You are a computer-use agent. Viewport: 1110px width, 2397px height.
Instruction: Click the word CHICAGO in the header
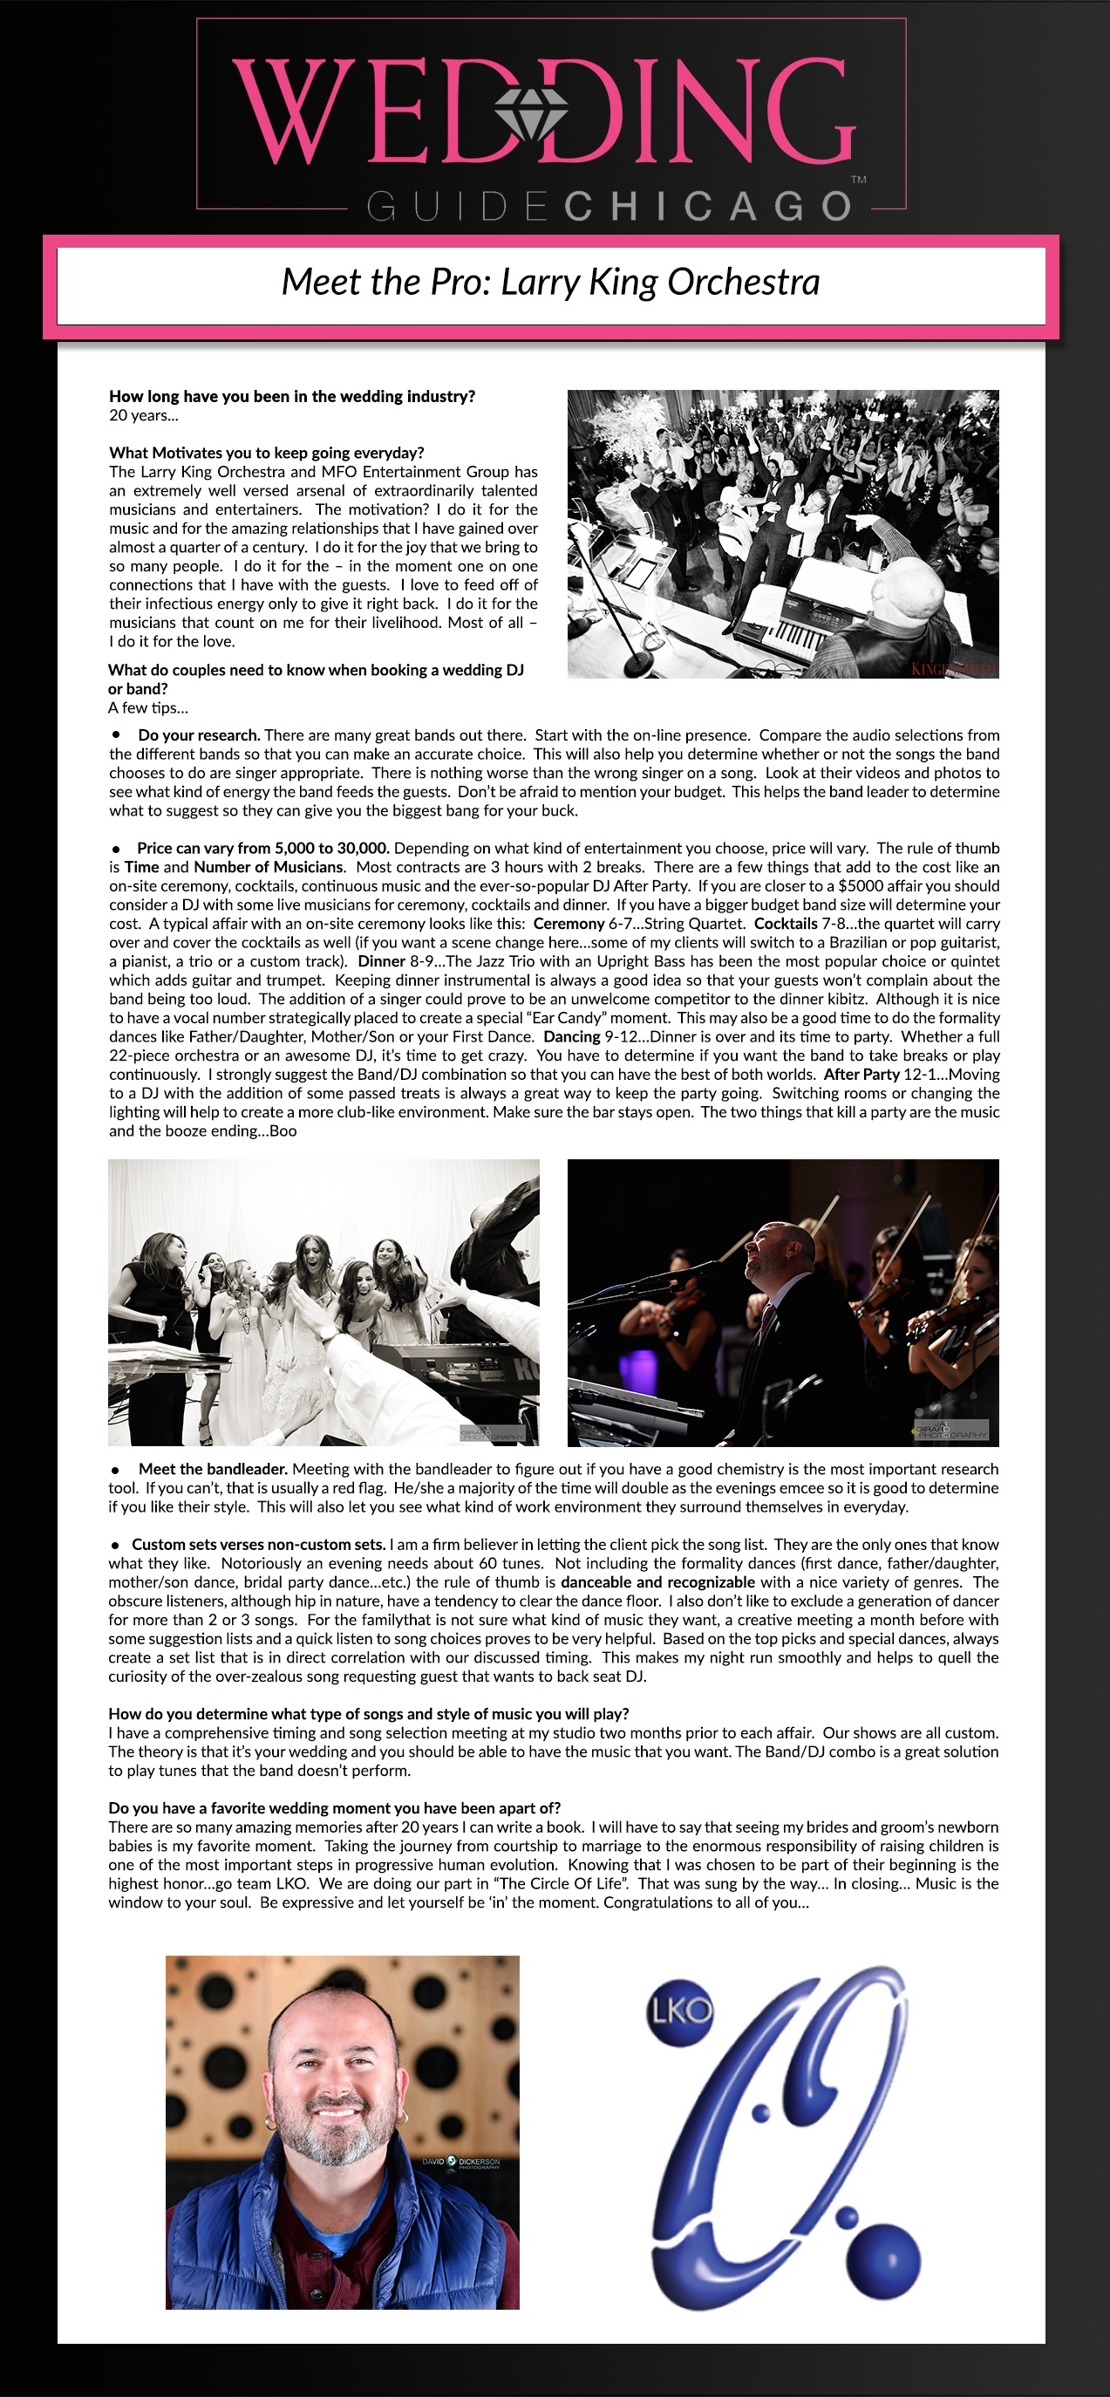[x=707, y=206]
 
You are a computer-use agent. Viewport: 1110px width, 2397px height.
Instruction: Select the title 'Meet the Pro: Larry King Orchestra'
[x=551, y=282]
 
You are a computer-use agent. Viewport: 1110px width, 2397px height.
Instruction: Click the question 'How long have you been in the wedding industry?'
[x=292, y=396]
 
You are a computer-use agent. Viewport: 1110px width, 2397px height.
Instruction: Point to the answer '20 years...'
[x=143, y=416]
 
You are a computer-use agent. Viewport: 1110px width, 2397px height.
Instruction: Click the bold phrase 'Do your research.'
[x=199, y=735]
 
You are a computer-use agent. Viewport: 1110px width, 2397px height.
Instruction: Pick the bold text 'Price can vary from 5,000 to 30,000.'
[x=263, y=848]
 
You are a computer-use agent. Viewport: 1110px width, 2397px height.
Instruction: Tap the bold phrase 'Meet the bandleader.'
[x=212, y=1469]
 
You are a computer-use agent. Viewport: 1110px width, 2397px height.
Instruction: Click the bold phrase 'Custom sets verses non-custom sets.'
[x=258, y=1545]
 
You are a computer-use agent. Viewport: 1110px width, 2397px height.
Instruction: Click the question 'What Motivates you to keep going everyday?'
[x=267, y=454]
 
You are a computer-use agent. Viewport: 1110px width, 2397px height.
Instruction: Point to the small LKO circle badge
[x=680, y=2011]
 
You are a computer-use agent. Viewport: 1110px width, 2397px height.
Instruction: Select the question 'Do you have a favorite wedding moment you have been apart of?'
[x=334, y=1808]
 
